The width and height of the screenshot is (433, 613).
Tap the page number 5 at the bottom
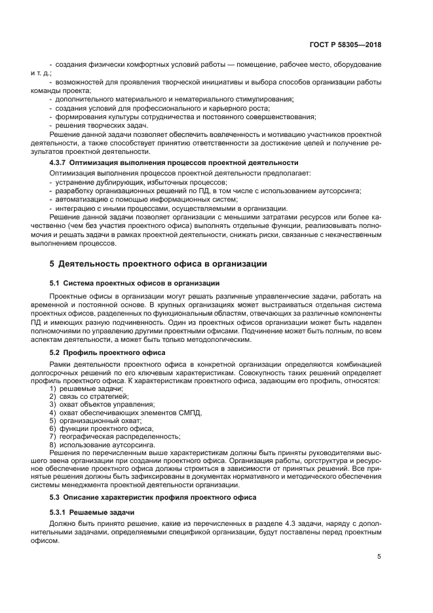coord(379,556)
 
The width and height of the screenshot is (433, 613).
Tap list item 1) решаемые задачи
coord(86,389)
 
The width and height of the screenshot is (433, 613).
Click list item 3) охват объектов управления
coord(97,405)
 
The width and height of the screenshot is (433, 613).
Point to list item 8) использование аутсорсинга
coord(98,444)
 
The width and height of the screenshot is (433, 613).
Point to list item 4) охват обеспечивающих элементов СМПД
coord(126,413)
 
